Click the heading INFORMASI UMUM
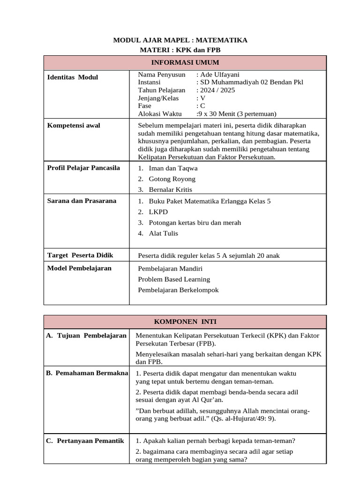pos(185,62)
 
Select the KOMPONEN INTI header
pos(185,322)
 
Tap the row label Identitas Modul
pos(73,77)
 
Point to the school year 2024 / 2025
pos(217,90)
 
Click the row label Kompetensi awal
pos(74,125)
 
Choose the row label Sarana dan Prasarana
pos(82,201)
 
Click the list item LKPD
pos(158,212)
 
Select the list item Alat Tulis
pos(163,233)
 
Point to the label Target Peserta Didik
pos(80,255)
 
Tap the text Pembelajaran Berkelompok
pos(178,290)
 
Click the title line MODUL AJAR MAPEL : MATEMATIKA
pos(180,40)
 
